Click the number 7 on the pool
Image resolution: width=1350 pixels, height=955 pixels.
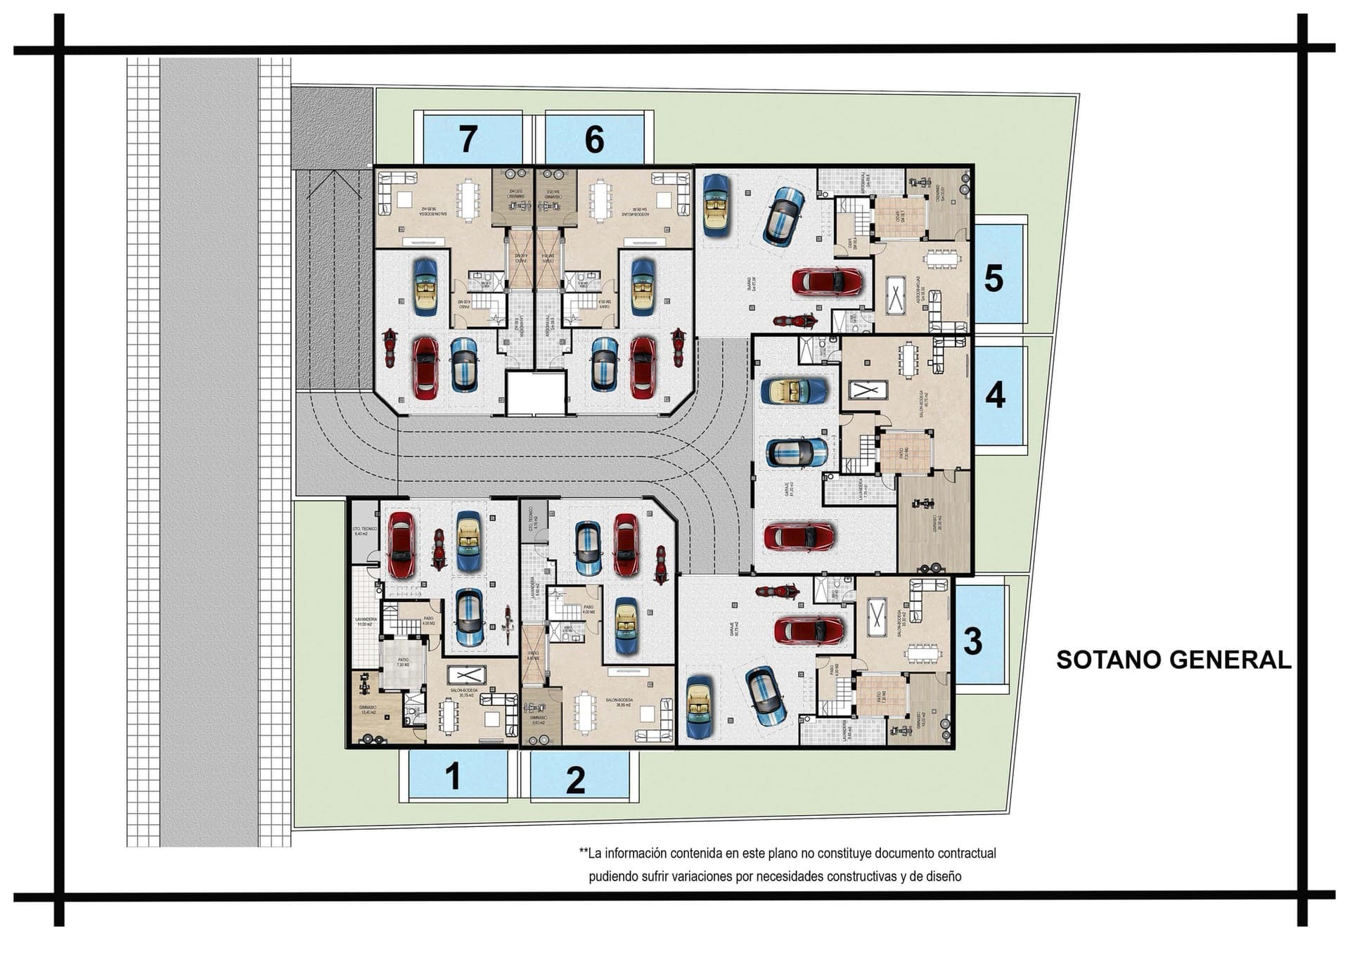click(468, 139)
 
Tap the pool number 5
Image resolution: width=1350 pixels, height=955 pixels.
click(993, 278)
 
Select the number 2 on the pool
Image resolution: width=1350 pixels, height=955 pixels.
click(575, 780)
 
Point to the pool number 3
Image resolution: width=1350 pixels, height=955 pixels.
click(972, 641)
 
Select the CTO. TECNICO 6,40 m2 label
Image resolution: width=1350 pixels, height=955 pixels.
click(364, 531)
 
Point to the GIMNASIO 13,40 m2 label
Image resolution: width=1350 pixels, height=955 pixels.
click(368, 710)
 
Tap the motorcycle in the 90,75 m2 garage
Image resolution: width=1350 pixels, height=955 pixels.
click(777, 591)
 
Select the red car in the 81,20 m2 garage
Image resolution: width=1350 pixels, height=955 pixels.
click(799, 537)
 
